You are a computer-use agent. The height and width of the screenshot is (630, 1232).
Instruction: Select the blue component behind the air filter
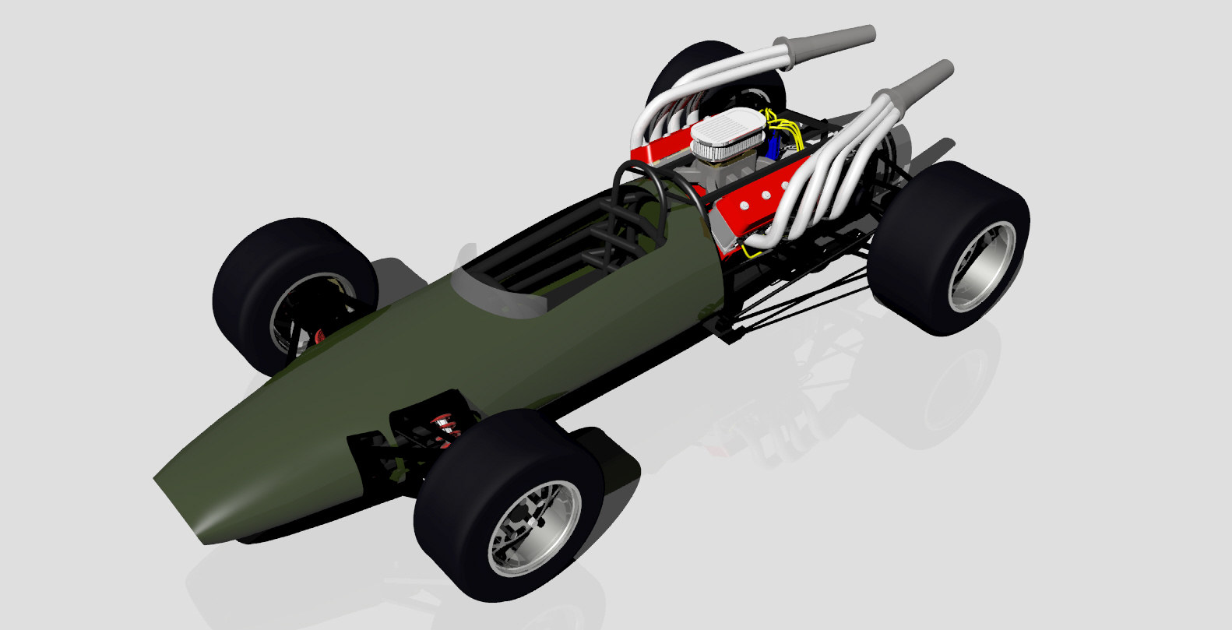(x=772, y=146)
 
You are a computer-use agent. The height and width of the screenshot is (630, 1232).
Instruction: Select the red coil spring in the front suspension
(x=445, y=424)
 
